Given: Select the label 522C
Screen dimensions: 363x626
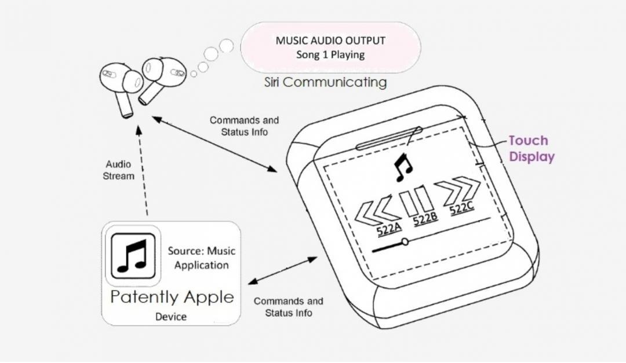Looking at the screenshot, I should click(462, 208).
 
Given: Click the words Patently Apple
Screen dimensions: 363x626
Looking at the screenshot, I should click(172, 298).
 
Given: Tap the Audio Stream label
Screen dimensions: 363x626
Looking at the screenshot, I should click(118, 170).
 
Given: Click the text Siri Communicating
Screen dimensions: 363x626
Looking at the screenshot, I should click(325, 82).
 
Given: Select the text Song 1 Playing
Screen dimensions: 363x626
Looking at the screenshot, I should click(330, 55).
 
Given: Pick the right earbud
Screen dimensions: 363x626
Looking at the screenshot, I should click(162, 76).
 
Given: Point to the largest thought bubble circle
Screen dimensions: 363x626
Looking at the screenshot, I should click(226, 45).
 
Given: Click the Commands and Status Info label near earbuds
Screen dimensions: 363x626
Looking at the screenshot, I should click(244, 126).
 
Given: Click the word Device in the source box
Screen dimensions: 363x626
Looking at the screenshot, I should click(171, 317).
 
